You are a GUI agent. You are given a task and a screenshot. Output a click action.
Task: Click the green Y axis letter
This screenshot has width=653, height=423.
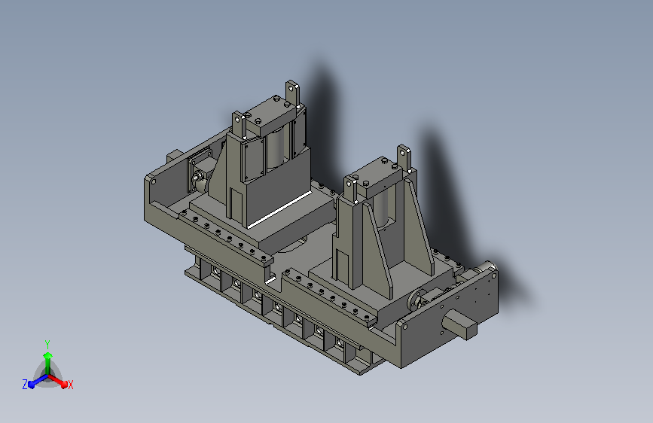tap(47, 345)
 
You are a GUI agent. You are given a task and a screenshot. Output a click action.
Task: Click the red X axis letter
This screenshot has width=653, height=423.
tap(70, 385)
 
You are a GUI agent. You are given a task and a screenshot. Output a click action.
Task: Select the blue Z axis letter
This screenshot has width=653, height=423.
tap(25, 385)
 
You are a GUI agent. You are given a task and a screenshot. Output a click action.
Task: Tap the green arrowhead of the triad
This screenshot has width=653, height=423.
tap(47, 356)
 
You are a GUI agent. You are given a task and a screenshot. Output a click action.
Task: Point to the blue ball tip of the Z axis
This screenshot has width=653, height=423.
tap(32, 385)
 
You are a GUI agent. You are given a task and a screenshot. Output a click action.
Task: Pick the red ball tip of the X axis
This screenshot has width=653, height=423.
tap(64, 385)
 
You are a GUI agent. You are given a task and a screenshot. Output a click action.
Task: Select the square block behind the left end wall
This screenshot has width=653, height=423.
tap(175, 156)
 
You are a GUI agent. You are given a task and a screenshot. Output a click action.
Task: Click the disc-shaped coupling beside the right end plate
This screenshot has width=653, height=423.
tap(415, 300)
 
